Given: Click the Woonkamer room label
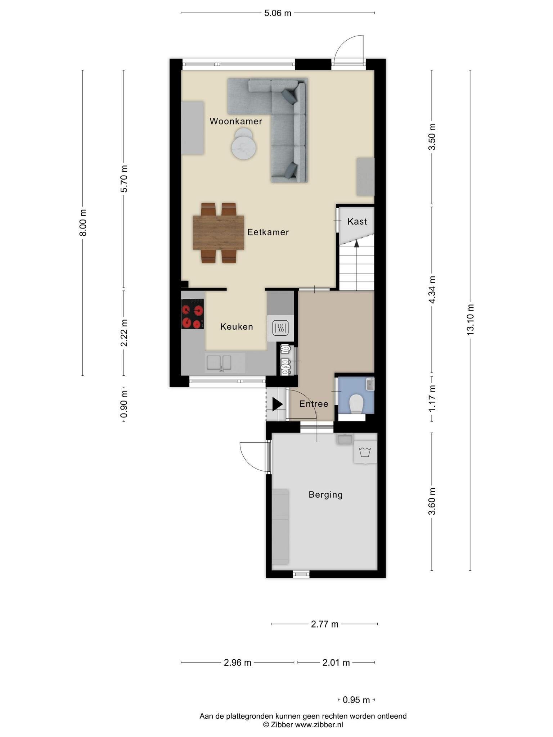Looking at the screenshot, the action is point(236,121).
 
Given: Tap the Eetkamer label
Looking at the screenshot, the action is point(268,232).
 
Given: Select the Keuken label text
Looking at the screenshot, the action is point(237,327).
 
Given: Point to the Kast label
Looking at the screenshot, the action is point(357,221).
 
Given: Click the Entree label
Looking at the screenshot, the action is point(314,404).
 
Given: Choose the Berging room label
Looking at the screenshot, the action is point(326,495).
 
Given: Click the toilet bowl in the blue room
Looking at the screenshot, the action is point(356,403).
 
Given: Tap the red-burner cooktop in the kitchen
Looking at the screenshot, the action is point(193,314).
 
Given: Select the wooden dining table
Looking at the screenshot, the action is point(219,232).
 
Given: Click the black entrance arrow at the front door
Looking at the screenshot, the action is point(277,404).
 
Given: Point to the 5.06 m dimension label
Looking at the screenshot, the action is point(278,13).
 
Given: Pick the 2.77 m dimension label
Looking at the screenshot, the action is point(325,624).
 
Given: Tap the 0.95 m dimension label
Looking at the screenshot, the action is point(356,700).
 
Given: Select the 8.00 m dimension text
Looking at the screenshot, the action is point(83,222).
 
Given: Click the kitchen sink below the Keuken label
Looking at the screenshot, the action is point(219,363).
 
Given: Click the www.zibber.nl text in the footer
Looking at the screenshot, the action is point(319,725).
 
